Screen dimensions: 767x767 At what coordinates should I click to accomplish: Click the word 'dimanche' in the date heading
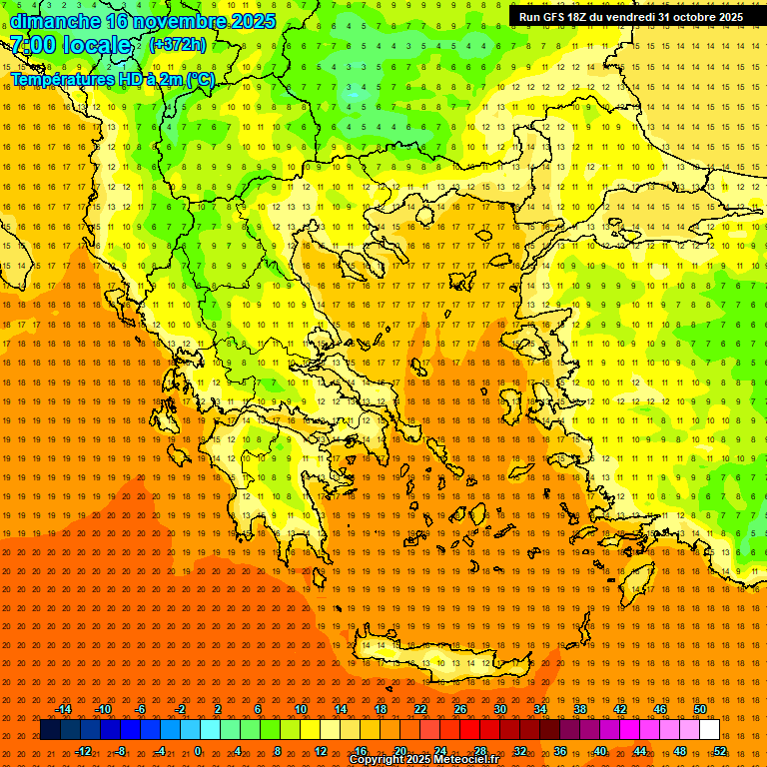pyautogui.click(x=55, y=21)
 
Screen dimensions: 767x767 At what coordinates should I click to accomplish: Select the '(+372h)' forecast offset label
pyautogui.click(x=178, y=45)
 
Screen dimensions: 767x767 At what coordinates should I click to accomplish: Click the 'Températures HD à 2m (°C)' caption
pyautogui.click(x=112, y=79)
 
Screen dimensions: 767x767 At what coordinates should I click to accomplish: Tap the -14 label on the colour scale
pyautogui.click(x=63, y=709)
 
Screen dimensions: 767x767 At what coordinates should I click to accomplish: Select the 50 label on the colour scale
pyautogui.click(x=700, y=709)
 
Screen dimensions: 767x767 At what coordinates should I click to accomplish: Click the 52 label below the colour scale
pyautogui.click(x=720, y=751)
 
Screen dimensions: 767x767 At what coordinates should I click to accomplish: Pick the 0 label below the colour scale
pyautogui.click(x=197, y=751)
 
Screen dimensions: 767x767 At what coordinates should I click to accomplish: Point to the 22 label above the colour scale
pyautogui.click(x=420, y=709)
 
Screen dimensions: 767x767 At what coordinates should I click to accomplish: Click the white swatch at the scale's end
pyautogui.click(x=709, y=730)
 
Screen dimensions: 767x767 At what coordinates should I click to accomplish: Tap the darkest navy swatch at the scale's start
pyautogui.click(x=50, y=730)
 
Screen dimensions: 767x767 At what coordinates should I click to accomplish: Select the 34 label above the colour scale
pyautogui.click(x=539, y=709)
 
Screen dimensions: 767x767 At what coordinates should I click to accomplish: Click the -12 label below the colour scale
pyautogui.click(x=83, y=751)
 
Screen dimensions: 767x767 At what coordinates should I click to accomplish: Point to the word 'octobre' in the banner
pyautogui.click(x=694, y=17)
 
